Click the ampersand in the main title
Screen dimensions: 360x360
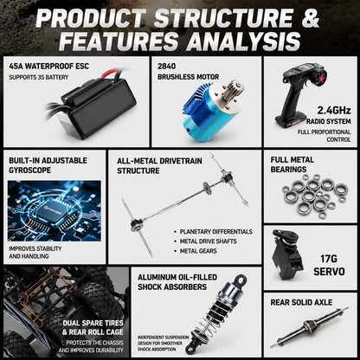point(310,18)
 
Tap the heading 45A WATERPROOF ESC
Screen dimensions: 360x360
point(48,67)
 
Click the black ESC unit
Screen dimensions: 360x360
point(97,107)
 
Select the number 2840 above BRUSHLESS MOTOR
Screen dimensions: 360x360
point(166,67)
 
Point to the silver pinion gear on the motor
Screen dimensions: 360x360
point(235,89)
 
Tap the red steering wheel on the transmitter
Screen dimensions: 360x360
point(321,76)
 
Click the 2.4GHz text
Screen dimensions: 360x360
point(334,110)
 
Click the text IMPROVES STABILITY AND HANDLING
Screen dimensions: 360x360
point(35,253)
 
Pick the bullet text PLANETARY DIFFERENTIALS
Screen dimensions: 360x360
point(216,232)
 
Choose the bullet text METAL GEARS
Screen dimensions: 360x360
point(198,251)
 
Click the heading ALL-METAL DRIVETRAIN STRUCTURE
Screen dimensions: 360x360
point(159,166)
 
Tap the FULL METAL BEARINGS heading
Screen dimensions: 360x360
point(292,164)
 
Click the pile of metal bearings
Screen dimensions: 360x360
point(315,196)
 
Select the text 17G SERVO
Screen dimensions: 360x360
point(329,265)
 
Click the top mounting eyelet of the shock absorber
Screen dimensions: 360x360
point(241,280)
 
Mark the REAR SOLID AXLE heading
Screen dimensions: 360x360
point(301,302)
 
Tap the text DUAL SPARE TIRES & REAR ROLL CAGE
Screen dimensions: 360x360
point(93,327)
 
